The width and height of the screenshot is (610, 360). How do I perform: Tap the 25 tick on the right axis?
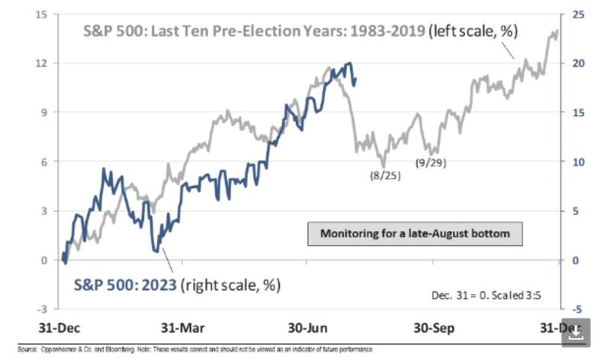(578, 14)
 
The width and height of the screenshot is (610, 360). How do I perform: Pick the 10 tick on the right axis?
(578, 162)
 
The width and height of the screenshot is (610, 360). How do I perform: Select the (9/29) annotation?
(431, 163)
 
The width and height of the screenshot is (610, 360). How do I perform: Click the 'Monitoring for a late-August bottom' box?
(415, 233)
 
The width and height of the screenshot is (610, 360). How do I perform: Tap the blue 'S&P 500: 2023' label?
(126, 285)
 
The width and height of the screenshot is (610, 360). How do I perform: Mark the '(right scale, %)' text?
(231, 285)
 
